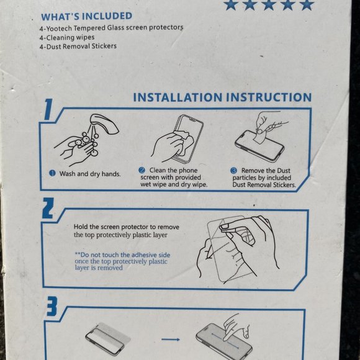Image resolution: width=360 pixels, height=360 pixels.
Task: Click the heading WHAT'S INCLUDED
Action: (x=86, y=16)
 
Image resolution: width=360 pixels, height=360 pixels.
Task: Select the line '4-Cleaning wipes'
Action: (x=67, y=37)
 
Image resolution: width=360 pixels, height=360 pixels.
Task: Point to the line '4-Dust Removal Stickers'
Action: (x=78, y=47)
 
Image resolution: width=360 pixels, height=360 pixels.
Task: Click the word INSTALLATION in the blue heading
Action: (x=178, y=97)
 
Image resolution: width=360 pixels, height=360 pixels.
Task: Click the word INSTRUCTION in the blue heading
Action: (x=269, y=97)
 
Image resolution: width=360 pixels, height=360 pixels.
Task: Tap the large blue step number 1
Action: (x=48, y=109)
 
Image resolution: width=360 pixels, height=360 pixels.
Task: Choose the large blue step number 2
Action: (x=48, y=208)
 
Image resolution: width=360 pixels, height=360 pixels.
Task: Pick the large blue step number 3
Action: (x=52, y=306)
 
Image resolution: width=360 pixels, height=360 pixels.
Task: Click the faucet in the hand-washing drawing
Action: (x=104, y=124)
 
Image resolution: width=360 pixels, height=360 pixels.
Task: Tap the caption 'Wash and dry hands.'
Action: (x=90, y=174)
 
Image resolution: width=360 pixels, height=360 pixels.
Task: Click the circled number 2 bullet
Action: (x=142, y=170)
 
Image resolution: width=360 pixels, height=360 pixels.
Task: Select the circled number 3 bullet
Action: (x=233, y=171)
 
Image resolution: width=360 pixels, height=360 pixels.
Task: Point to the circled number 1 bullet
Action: (x=52, y=173)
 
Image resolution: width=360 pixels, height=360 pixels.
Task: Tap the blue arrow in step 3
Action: (x=170, y=340)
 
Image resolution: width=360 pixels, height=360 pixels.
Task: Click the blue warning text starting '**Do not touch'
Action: (x=122, y=261)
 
